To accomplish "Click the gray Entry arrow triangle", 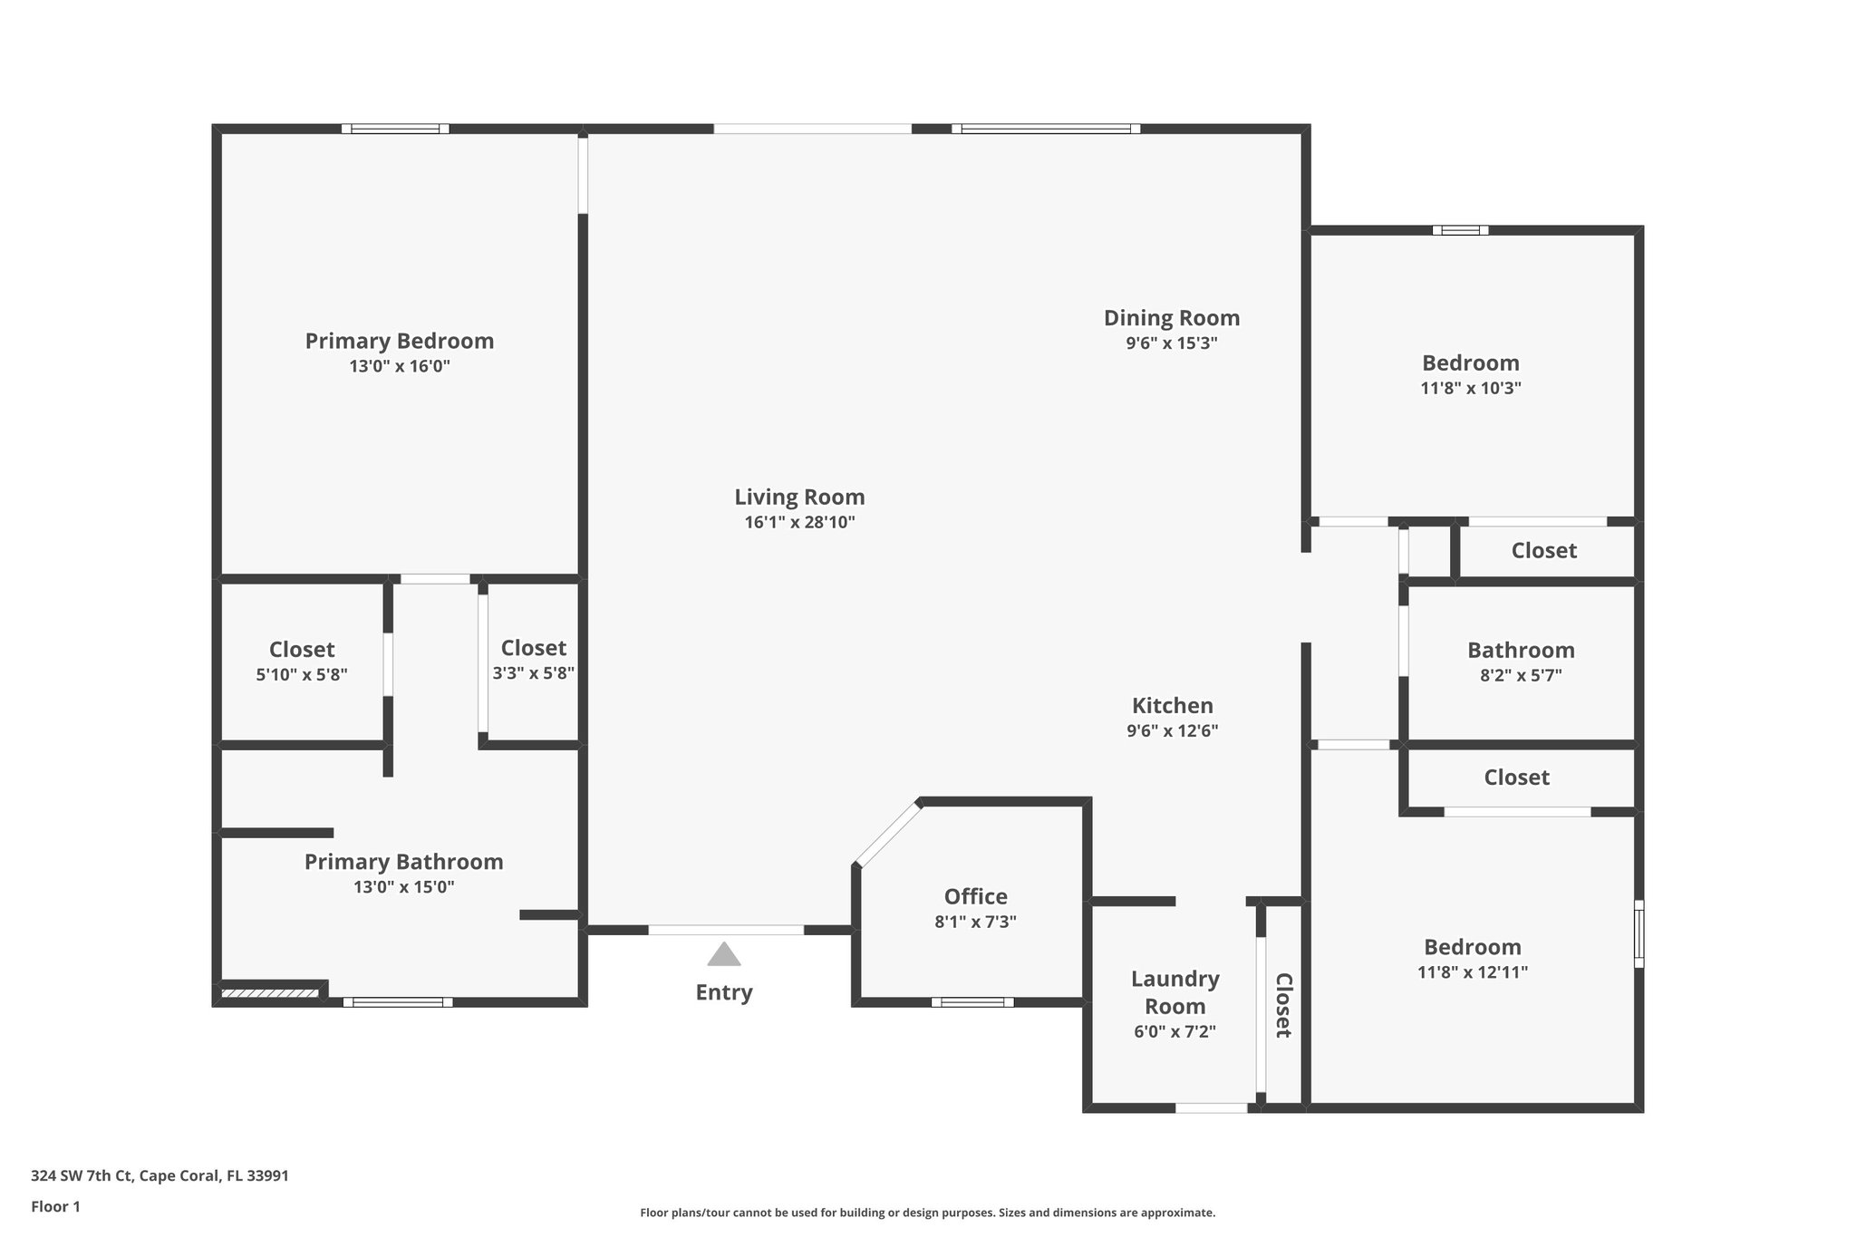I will click(x=723, y=954).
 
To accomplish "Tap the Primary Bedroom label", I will click(x=399, y=341).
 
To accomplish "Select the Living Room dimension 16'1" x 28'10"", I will click(x=799, y=522).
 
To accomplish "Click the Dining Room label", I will click(x=1171, y=318).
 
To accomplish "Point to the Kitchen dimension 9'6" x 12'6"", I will click(x=1172, y=730).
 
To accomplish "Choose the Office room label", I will click(x=975, y=896).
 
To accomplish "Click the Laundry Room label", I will click(x=1174, y=992).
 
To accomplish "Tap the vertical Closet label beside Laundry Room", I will click(x=1283, y=1005).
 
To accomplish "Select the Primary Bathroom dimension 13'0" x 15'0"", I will click(x=403, y=886).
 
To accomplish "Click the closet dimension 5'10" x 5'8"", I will click(x=302, y=674).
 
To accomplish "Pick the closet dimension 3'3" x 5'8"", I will click(x=533, y=673).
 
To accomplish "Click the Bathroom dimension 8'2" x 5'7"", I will click(x=1520, y=675).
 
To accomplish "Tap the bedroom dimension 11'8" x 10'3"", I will click(x=1470, y=388).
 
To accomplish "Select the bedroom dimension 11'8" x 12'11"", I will click(x=1472, y=972).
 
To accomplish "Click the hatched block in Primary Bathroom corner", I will click(x=269, y=994).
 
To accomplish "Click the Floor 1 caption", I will click(x=55, y=1206).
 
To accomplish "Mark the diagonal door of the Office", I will click(x=887, y=834).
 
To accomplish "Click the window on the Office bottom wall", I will click(x=972, y=1002).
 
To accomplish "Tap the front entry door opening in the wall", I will click(x=725, y=930).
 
